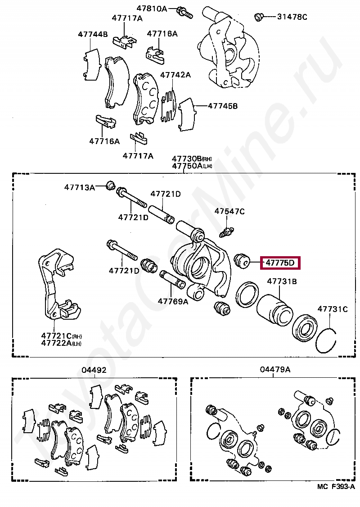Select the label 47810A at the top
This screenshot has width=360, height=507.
coord(152,8)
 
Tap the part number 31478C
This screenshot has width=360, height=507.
coord(292,17)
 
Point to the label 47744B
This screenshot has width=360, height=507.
coord(93,34)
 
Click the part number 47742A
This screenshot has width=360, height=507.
coord(175,75)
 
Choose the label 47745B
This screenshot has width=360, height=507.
coord(222,106)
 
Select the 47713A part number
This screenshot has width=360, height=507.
coord(79,187)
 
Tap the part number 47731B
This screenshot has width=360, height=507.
coord(282,281)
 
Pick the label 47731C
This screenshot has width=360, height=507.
coord(333,309)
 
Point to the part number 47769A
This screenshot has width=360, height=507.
coord(173,301)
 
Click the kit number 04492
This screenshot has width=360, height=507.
coord(94,370)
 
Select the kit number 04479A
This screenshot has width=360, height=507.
coord(275,370)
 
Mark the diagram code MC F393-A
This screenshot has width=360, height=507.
coord(336,499)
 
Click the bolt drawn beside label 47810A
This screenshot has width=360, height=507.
coord(184,12)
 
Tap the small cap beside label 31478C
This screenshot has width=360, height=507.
coord(259,17)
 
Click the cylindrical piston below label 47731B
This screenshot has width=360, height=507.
coord(275,311)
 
